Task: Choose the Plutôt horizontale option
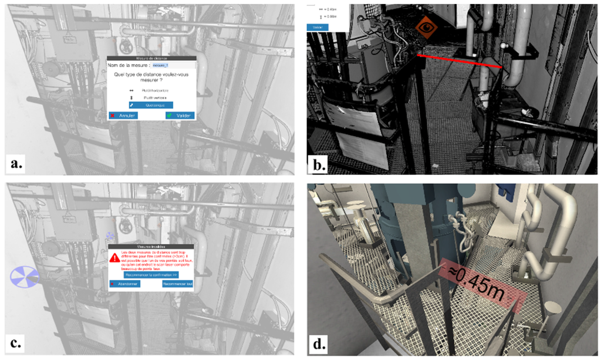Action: [x=151, y=90]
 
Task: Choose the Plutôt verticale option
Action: [x=151, y=97]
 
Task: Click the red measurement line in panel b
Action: [x=460, y=60]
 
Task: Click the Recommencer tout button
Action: [x=178, y=284]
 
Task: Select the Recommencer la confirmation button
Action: [x=151, y=274]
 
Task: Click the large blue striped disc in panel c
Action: [x=24, y=276]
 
